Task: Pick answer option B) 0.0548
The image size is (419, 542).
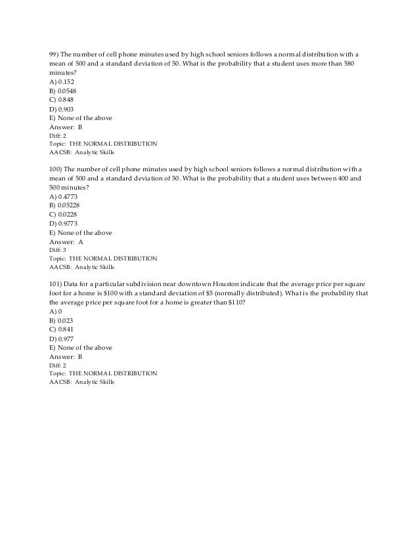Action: pos(63,91)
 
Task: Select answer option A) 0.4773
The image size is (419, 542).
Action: pos(63,196)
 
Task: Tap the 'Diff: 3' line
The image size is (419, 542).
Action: pos(58,250)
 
